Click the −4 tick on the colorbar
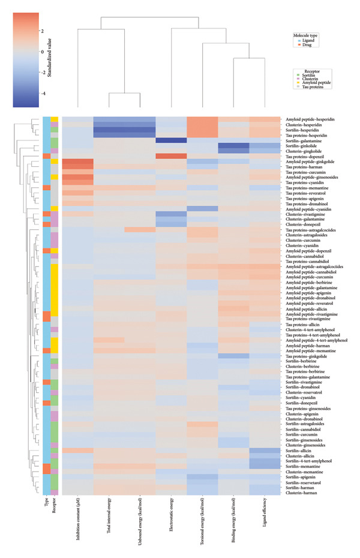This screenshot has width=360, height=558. [x=42, y=94]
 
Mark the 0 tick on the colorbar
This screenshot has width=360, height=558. [x=42, y=52]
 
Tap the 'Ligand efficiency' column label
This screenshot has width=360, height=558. [x=264, y=509]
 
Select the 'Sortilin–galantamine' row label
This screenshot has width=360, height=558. [x=302, y=140]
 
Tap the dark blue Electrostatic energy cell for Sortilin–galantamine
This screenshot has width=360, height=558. [x=171, y=140]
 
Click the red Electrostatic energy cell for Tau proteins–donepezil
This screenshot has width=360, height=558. [x=171, y=156]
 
